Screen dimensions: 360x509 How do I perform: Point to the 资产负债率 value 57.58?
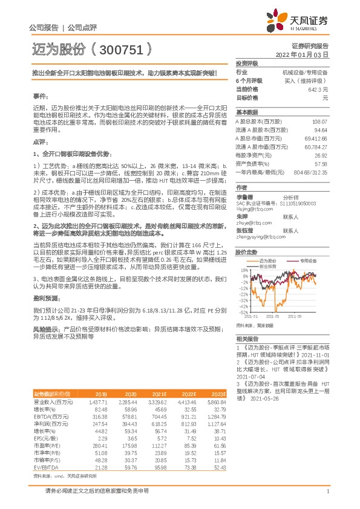pyautogui.click(x=320, y=163)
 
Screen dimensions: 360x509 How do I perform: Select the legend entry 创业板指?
pyautogui.click(x=267, y=265)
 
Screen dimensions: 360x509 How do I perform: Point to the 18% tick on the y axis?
pyautogui.click(x=244, y=270)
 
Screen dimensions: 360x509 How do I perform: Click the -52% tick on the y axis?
pyautogui.click(x=243, y=312)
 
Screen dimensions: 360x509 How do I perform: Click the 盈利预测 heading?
pyautogui.click(x=42, y=298)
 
